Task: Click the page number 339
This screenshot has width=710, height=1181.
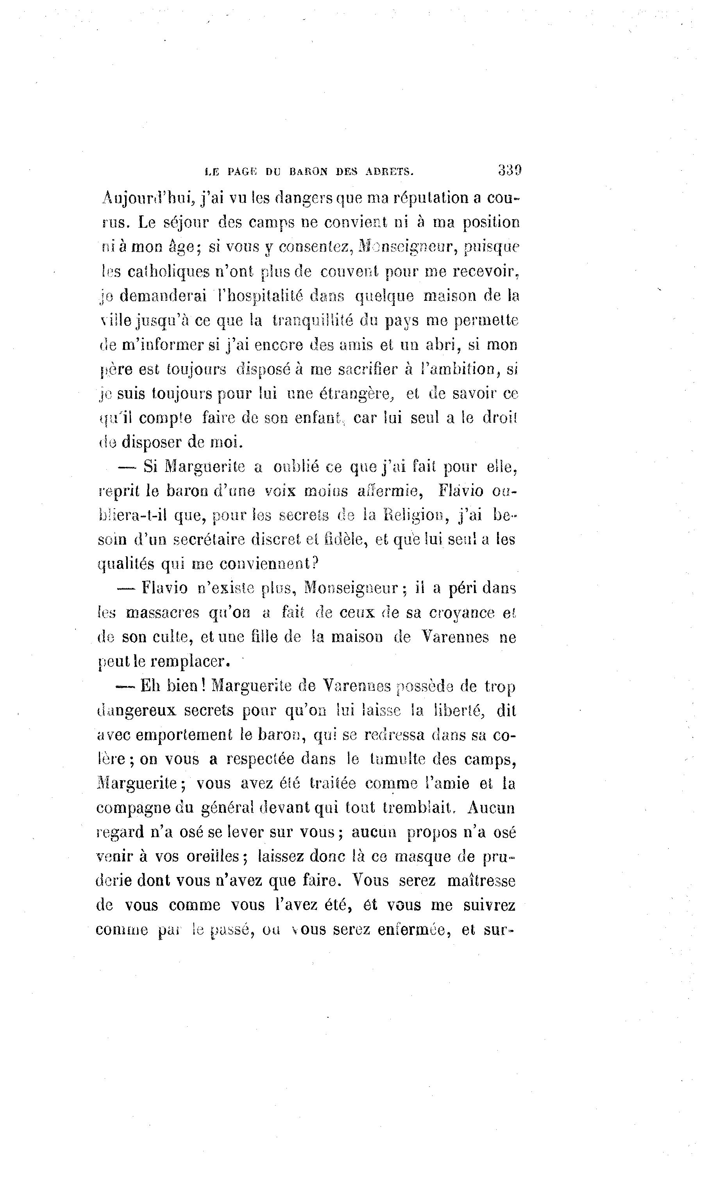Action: point(509,170)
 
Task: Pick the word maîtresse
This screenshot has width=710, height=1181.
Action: point(481,881)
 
